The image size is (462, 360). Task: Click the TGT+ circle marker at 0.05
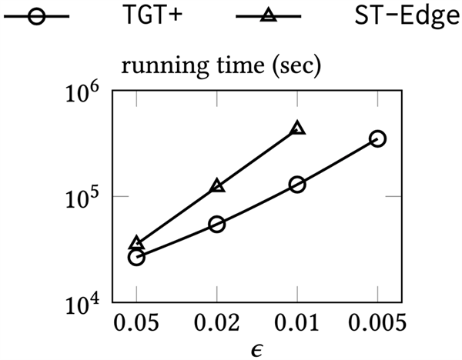point(137,257)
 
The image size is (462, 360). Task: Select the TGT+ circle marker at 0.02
point(217,224)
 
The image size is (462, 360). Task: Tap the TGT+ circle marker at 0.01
point(297,185)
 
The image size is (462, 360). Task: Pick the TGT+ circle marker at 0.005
point(377,138)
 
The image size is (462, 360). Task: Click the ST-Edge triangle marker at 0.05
point(137,244)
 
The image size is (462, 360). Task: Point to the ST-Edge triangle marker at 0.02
point(217,186)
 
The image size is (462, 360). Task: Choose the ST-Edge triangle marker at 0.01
point(297,128)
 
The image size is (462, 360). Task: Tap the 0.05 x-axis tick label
point(137,322)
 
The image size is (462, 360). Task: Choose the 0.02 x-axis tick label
point(217,322)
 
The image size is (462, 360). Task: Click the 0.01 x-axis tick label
point(297,322)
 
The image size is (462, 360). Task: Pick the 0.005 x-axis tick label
point(377,322)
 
